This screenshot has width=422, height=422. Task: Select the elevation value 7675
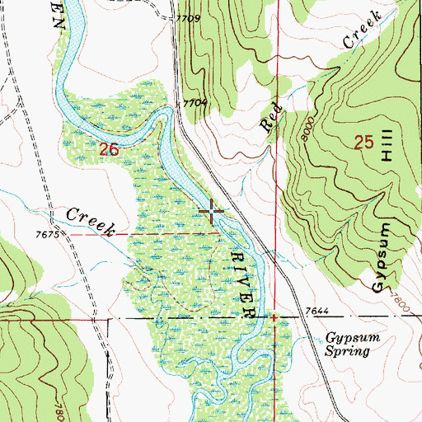(51, 236)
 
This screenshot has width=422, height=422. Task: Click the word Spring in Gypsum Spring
(347, 350)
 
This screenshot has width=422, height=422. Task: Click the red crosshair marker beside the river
(212, 213)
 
